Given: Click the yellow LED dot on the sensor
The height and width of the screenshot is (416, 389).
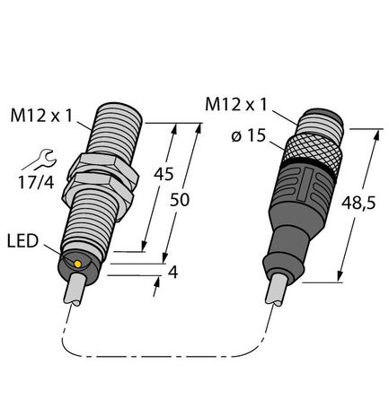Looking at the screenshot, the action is coord(77,264).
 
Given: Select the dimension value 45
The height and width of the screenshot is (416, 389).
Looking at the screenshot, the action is coord(164,174).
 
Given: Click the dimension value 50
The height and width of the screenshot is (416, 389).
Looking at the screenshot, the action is coord(180,200).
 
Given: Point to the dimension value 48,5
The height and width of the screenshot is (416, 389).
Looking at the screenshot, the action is coord(358,204).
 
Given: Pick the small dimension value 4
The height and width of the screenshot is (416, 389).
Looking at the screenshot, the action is coord(173,273).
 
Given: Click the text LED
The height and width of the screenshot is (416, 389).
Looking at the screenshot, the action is coord(23,241).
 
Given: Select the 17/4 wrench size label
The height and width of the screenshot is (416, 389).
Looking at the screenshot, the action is coord(36,182).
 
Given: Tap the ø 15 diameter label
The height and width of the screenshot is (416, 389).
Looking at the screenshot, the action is coord(249,136).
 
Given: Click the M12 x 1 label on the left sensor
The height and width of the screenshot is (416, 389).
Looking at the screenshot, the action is coord(41,116).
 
